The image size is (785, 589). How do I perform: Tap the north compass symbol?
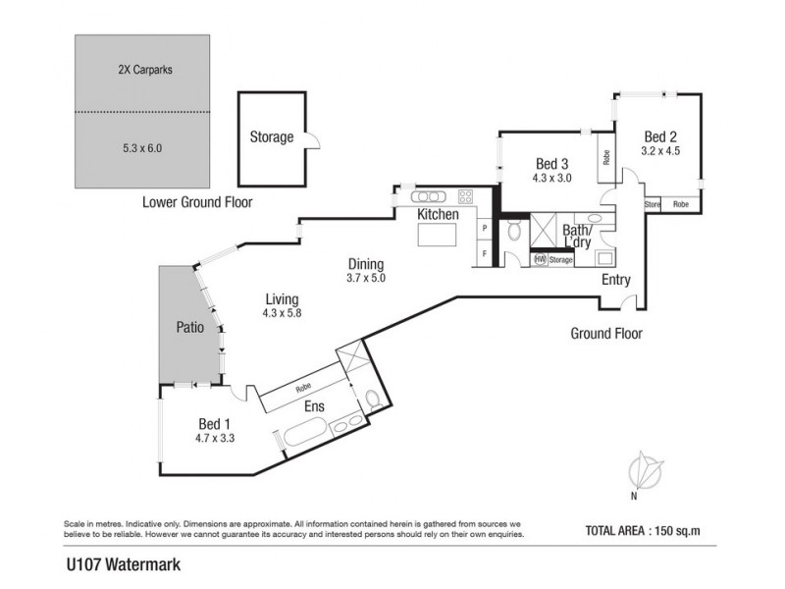pos(645,472)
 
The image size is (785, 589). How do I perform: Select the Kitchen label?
pos(438,214)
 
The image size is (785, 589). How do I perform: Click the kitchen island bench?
pos(437,235)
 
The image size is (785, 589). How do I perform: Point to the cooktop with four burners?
pos(465,195)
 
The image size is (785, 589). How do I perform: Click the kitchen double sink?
pos(428,196)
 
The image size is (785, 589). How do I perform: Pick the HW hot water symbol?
pos(540,259)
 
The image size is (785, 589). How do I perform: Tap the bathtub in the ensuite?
pos(306,434)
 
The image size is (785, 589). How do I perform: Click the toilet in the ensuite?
pos(374,401)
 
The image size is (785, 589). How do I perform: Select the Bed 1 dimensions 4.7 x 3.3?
pos(215,438)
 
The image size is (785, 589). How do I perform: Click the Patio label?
pos(189,328)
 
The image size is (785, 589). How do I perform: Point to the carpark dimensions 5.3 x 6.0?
pos(142,148)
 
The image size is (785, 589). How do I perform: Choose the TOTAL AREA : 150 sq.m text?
pos(643,531)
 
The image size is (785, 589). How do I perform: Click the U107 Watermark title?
pos(124,565)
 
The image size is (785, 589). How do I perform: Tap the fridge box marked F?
pos(485,254)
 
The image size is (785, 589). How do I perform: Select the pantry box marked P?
pos(485,229)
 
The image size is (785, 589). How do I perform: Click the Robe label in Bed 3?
pos(606,158)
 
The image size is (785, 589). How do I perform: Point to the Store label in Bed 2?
pos(653,204)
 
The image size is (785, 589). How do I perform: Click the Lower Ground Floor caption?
pos(197,202)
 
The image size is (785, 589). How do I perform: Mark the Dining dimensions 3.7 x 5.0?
pos(366,278)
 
